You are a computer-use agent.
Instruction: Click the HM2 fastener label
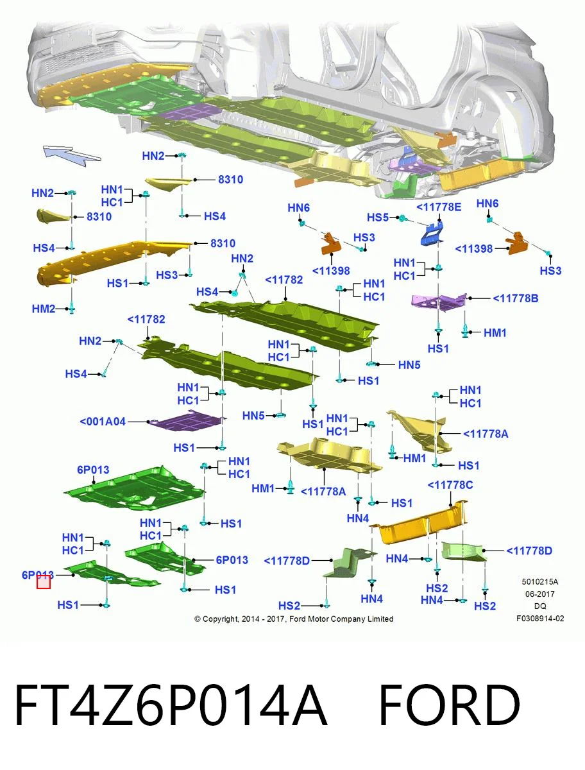tap(44, 309)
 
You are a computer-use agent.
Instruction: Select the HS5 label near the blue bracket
tap(378, 218)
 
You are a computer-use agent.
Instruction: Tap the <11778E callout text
tap(439, 207)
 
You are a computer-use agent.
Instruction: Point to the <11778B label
tap(515, 298)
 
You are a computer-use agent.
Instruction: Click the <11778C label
tap(450, 485)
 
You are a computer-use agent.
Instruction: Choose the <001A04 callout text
tap(103, 422)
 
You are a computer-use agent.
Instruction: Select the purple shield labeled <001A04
tap(187, 422)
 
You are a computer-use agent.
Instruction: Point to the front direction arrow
tap(71, 156)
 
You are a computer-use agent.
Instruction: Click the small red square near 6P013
tap(44, 582)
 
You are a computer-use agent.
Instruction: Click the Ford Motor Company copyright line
tap(294, 619)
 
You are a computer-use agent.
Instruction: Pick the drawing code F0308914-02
tap(540, 618)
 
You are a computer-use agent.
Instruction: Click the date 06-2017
tap(540, 594)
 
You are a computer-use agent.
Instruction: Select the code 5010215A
tap(540, 581)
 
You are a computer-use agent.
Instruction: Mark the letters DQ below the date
tap(540, 606)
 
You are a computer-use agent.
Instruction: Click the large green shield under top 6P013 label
tap(134, 489)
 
